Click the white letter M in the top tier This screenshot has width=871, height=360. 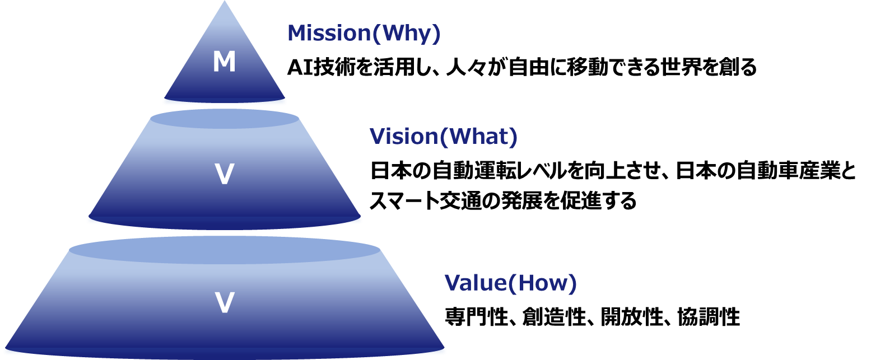[224, 62]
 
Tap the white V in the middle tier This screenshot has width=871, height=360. [224, 175]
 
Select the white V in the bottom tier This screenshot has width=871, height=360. [225, 303]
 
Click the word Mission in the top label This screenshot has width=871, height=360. [329, 34]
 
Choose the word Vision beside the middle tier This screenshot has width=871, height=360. [403, 137]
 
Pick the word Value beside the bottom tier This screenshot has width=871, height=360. [475, 283]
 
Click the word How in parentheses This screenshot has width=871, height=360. [541, 283]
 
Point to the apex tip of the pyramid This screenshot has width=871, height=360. [225, 2]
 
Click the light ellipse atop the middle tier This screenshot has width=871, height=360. [224, 119]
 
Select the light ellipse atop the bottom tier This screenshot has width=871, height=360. [224, 250]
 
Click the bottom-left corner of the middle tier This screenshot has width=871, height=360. [89, 219]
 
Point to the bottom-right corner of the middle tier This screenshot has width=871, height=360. [361, 219]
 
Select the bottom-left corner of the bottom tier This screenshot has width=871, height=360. [4, 350]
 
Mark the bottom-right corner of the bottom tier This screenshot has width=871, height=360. [445, 350]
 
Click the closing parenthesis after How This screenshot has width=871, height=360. [572, 284]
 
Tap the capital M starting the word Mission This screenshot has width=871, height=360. [296, 34]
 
